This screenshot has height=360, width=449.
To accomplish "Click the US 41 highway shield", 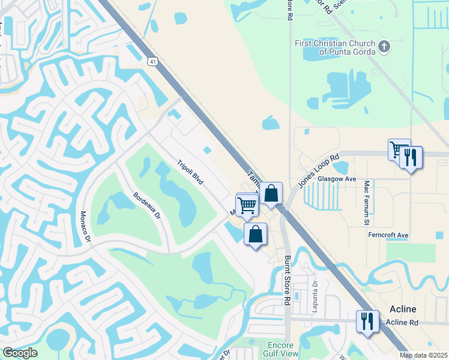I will tap(153, 61).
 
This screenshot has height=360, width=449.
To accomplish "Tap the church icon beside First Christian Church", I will tap(384, 46).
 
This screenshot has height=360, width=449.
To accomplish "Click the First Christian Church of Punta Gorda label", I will tap(334, 47).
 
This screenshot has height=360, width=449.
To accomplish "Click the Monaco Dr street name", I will tap(85, 226).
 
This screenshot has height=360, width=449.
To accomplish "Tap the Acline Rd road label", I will tap(402, 322).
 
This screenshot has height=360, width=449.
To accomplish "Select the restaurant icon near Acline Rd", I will tap(367, 321).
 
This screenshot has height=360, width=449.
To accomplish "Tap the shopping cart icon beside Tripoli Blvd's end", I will tap(247, 205).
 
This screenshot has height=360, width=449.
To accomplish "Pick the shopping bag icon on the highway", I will tap(271, 193).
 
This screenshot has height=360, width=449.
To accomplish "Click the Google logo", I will tap(20, 353).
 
